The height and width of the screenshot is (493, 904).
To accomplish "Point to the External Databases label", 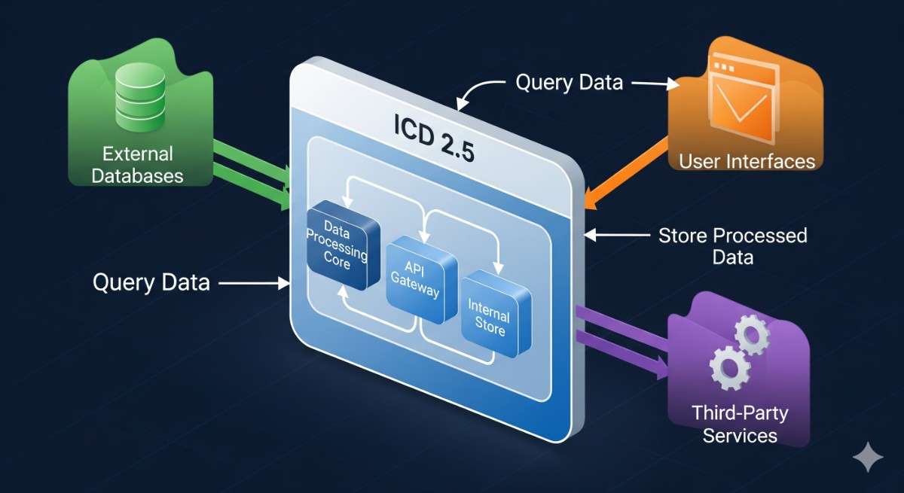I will pyautogui.click(x=138, y=166).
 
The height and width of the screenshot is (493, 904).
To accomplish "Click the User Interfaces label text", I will pyautogui.click(x=747, y=160).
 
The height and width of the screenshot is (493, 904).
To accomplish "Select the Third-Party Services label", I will pyautogui.click(x=740, y=424).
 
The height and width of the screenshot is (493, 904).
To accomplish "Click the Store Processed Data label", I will pyautogui.click(x=732, y=245).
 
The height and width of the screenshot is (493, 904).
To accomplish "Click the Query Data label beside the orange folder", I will pyautogui.click(x=569, y=82).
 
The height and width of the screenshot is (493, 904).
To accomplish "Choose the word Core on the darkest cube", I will pyautogui.click(x=337, y=263).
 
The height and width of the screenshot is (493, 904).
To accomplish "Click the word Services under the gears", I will pyautogui.click(x=740, y=435).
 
